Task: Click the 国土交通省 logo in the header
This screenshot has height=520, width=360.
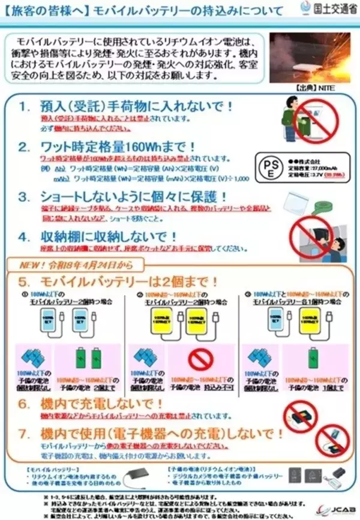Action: tap(326, 9)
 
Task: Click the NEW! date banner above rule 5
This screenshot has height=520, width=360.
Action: tap(74, 263)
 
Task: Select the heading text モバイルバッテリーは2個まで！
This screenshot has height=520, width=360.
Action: tap(129, 281)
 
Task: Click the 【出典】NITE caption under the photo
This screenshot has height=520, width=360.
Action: tap(310, 88)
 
